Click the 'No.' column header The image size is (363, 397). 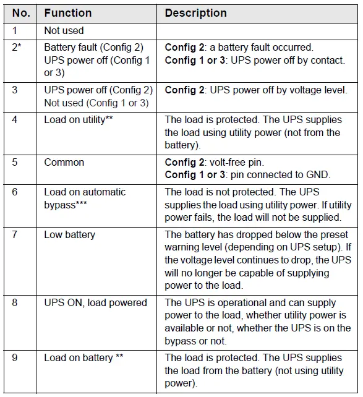coord(20,13)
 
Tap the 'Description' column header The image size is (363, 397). coord(195,13)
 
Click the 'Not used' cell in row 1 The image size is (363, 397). coord(64,30)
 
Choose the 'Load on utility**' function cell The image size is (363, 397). coord(78,119)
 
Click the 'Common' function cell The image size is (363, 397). coord(64,163)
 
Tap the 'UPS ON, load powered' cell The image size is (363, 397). coord(95,303)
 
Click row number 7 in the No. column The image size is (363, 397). coord(15,235)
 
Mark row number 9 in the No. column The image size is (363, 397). coord(15,358)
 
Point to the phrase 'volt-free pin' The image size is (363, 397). coord(237,163)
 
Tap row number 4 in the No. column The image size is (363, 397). coord(15,119)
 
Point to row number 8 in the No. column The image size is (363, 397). coord(15,303)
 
